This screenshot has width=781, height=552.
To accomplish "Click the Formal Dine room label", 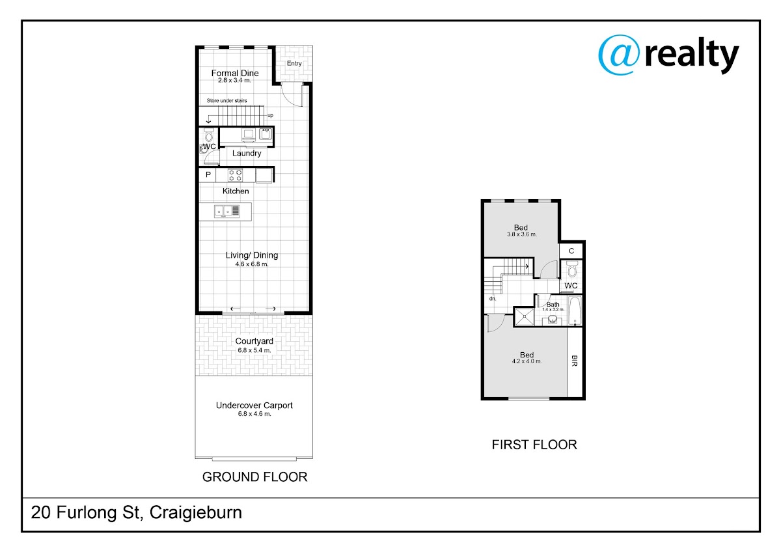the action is click(235, 73).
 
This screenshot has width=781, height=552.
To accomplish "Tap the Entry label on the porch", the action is click(294, 63).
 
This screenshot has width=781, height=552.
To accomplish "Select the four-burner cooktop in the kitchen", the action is click(236, 175).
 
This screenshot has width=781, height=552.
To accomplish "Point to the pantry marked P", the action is click(208, 174).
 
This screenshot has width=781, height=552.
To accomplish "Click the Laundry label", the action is click(247, 153).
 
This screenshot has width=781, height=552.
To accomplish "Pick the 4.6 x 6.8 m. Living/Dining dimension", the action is click(252, 264).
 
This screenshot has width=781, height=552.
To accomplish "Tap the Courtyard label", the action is click(254, 341).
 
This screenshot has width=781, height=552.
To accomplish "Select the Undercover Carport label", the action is click(254, 405).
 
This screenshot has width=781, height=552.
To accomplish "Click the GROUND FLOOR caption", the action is click(255, 476).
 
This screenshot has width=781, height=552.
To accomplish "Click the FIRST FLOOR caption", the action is click(534, 445).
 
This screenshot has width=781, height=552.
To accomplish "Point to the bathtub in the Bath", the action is click(575, 310).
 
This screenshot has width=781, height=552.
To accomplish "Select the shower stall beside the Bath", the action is click(525, 316).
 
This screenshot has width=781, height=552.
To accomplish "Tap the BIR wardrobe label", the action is click(575, 361).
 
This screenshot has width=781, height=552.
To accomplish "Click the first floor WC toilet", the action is click(572, 269).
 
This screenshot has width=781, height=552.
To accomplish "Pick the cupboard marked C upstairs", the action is click(571, 251).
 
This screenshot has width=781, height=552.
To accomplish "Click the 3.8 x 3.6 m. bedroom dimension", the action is click(521, 234).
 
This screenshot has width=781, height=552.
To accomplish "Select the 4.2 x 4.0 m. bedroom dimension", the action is click(527, 361).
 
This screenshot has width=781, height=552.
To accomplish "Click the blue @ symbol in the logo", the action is click(619, 55).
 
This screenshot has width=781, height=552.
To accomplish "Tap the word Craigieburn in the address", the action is click(196, 512).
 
